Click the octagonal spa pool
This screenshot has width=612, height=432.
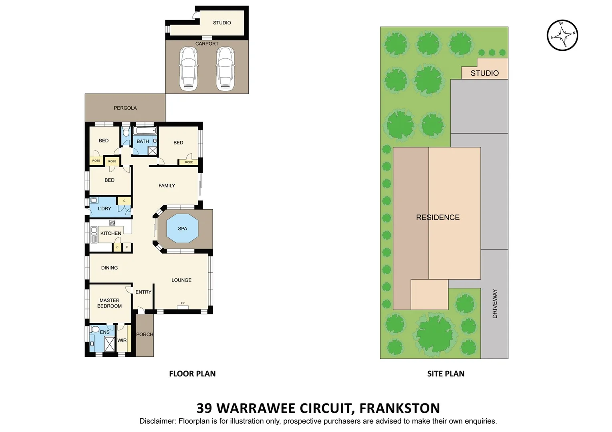[x=182, y=229]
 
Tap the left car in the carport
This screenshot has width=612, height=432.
[x=188, y=68]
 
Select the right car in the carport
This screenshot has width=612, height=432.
[x=225, y=68]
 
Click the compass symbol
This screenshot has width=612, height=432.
[x=562, y=35]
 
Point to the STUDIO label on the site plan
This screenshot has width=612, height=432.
[x=484, y=73]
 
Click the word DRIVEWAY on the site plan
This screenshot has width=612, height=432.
[x=495, y=304]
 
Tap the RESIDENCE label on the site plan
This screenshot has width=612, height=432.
[x=437, y=218]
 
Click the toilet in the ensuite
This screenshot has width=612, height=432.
[x=95, y=330]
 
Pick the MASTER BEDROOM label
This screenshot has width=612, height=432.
[x=109, y=303]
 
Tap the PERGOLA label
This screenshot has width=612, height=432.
[x=125, y=108]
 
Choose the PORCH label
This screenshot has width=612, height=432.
[x=145, y=334]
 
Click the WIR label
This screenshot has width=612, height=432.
[x=122, y=340]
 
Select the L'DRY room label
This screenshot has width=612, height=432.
[x=105, y=208]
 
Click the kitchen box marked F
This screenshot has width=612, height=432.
[x=127, y=247]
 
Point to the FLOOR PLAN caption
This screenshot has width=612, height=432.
[x=192, y=374]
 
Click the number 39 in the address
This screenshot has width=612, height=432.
[x=204, y=408]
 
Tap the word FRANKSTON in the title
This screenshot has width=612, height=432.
[x=399, y=408]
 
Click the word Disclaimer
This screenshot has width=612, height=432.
[x=157, y=421]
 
